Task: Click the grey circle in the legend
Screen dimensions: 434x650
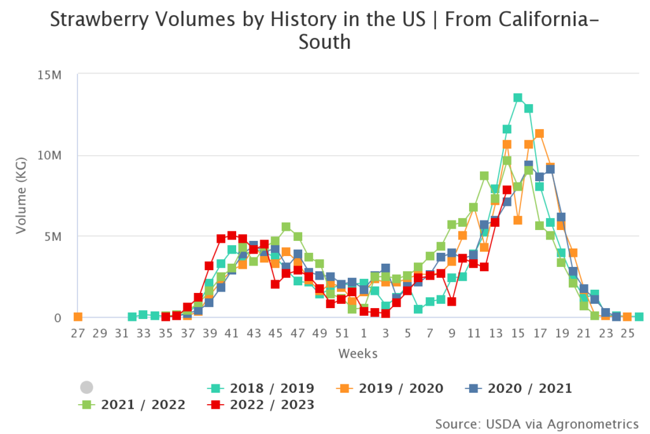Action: (x=87, y=388)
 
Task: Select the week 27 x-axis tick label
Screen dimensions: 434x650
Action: (x=77, y=333)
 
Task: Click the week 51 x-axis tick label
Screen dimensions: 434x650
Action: (x=342, y=333)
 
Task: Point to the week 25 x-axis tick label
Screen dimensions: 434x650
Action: (x=627, y=333)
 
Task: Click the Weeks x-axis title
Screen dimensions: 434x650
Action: (x=358, y=353)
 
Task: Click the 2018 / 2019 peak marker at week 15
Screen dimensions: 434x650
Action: (x=518, y=98)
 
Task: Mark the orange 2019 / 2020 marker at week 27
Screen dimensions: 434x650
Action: (x=78, y=316)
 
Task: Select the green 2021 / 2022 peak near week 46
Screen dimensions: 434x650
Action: (x=286, y=227)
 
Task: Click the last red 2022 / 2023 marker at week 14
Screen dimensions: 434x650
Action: (x=507, y=189)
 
